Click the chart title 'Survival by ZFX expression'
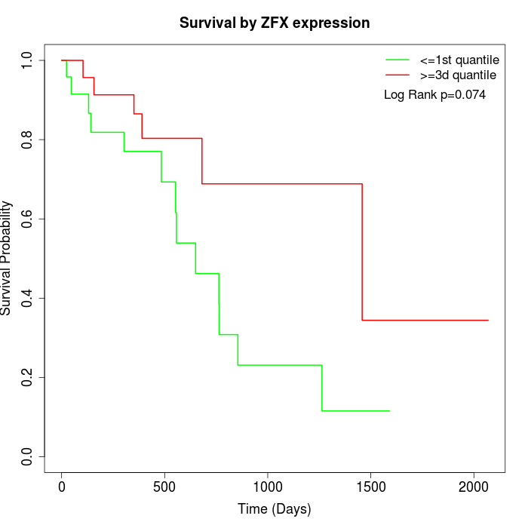click(x=275, y=23)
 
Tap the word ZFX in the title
click(x=275, y=23)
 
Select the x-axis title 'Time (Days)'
click(x=275, y=509)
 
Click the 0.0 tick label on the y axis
click(x=27, y=456)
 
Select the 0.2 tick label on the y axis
click(x=27, y=377)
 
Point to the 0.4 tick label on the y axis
click(x=27, y=298)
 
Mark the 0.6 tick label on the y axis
click(x=27, y=219)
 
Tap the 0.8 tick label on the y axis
click(x=27, y=140)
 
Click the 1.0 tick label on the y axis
click(x=27, y=60)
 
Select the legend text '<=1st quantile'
click(x=459, y=60)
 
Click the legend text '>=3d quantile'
click(x=458, y=75)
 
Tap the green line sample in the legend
click(x=398, y=60)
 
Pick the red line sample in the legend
click(x=398, y=75)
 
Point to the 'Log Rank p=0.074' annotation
click(x=434, y=95)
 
